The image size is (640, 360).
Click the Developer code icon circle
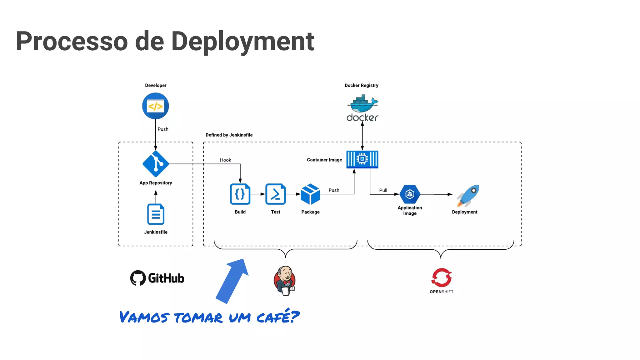point(155,106)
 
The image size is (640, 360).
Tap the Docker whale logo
point(362,105)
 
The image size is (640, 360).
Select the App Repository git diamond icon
point(155,164)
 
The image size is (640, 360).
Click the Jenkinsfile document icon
point(156,214)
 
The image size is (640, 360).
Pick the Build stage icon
point(240,194)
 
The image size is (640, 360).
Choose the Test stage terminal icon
point(275,194)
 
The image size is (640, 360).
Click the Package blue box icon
point(310,194)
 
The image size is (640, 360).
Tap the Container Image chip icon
point(362,159)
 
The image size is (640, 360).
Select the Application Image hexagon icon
point(410,194)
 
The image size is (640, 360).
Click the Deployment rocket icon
point(468,195)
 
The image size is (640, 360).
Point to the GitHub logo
point(157,278)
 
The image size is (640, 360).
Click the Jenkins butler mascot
point(284,281)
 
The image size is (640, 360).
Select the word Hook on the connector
point(225,160)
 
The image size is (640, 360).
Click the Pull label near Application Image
point(383,190)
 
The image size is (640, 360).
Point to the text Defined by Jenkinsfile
point(229,135)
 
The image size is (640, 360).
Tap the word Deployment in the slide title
point(242,41)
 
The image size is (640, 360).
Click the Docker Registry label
point(361,85)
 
